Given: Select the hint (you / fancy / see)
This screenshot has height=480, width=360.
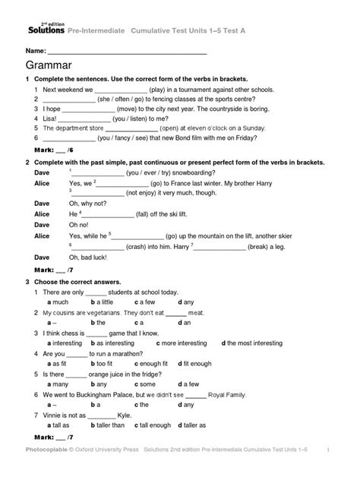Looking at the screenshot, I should (x=115, y=138).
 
